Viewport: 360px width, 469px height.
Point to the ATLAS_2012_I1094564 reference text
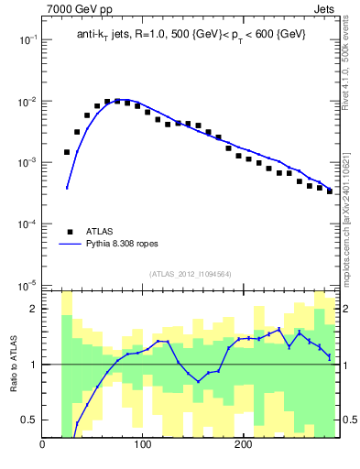[x=190, y=274]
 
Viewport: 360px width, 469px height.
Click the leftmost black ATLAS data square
[x=67, y=152]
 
